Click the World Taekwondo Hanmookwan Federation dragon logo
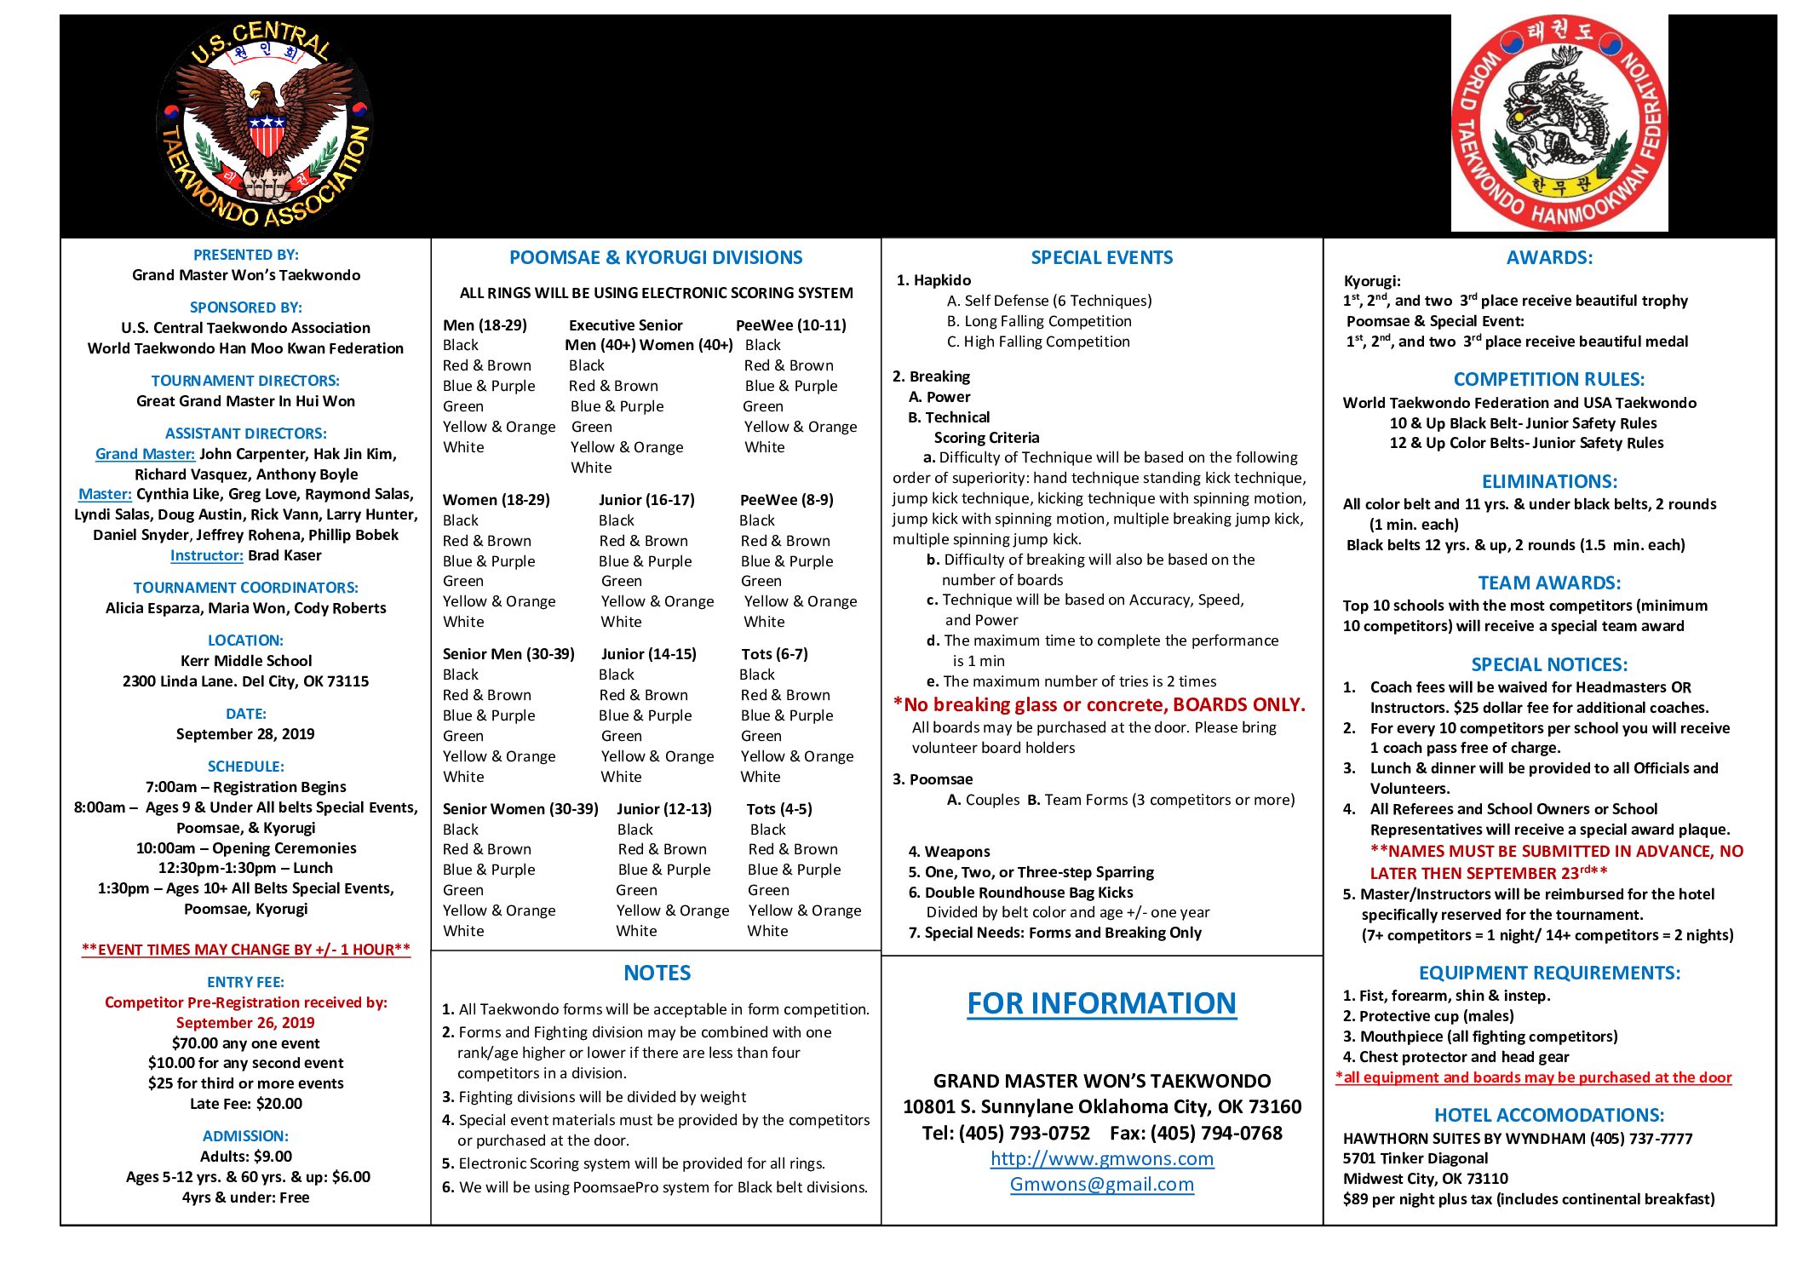click(x=1559, y=123)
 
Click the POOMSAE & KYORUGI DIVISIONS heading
click(x=655, y=257)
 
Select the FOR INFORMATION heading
click(x=1101, y=1003)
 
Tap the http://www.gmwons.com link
click(x=1101, y=1158)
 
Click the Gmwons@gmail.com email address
click(x=1101, y=1184)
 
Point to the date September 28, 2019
click(x=245, y=734)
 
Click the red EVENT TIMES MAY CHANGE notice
click(x=245, y=950)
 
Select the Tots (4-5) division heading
click(x=779, y=809)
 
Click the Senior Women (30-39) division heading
click(x=520, y=809)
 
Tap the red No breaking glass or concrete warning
click(x=1099, y=704)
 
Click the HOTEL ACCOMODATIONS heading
click(x=1548, y=1115)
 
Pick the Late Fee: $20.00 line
click(x=245, y=1104)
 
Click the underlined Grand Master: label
click(x=145, y=454)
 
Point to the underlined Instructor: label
click(x=207, y=555)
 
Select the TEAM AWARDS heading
click(x=1548, y=583)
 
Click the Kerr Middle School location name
click(x=245, y=661)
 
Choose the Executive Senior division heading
click(x=625, y=325)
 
